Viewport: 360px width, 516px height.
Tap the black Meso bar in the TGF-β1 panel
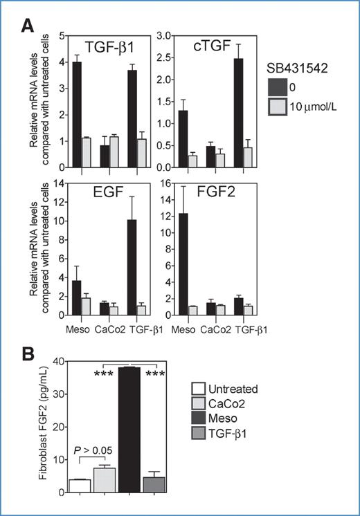pyautogui.click(x=78, y=115)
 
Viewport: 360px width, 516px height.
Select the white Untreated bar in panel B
pyautogui.click(x=80, y=486)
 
